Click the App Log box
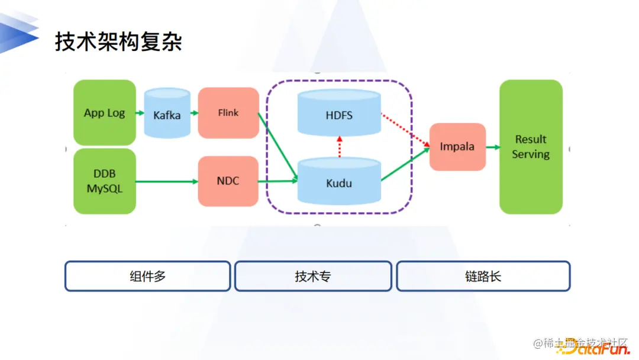coord(105,112)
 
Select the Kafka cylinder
coord(167,114)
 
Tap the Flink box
coord(228,113)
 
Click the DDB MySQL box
coord(105,181)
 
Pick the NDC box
coord(228,181)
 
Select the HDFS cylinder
coord(339,114)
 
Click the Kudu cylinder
coord(339,182)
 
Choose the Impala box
coord(457,147)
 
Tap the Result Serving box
coord(531,147)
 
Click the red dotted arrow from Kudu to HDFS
coord(340,146)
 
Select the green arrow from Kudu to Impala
coord(405,165)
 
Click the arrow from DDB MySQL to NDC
coord(167,181)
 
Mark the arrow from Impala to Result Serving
coord(492,147)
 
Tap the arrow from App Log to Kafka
coord(140,112)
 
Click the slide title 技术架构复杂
coord(118,41)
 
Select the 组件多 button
coord(147,276)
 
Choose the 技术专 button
coord(313,276)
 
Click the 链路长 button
coord(483,276)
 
